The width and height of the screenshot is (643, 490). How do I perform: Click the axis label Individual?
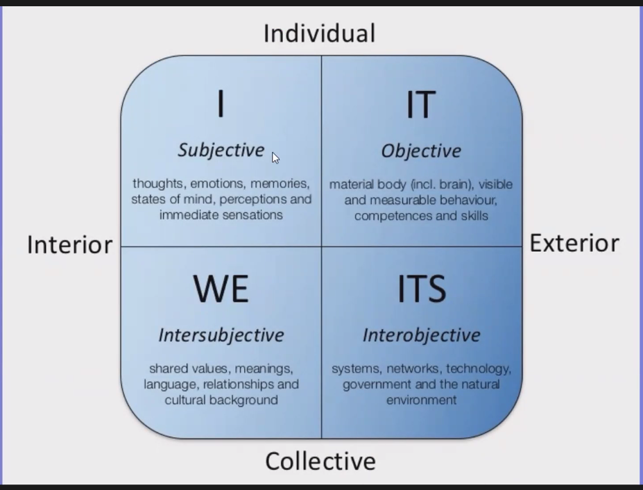click(x=320, y=33)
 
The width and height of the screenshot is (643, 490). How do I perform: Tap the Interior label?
click(x=70, y=245)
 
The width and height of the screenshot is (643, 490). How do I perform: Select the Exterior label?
click(x=574, y=244)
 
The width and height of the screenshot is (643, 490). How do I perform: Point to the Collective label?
click(x=320, y=462)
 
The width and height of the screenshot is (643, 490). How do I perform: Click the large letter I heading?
click(x=221, y=104)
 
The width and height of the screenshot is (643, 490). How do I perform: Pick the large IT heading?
click(x=421, y=105)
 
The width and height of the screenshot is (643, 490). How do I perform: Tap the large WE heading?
click(x=221, y=289)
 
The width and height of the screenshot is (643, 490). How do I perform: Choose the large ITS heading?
click(x=422, y=289)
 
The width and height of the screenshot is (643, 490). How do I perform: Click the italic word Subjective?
click(x=221, y=150)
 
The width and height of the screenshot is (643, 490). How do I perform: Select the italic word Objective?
click(x=421, y=151)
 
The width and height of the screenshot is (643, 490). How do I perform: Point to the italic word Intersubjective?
click(x=221, y=335)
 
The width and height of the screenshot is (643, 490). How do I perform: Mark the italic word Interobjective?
click(x=422, y=335)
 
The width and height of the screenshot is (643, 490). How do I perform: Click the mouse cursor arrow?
click(x=275, y=158)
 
